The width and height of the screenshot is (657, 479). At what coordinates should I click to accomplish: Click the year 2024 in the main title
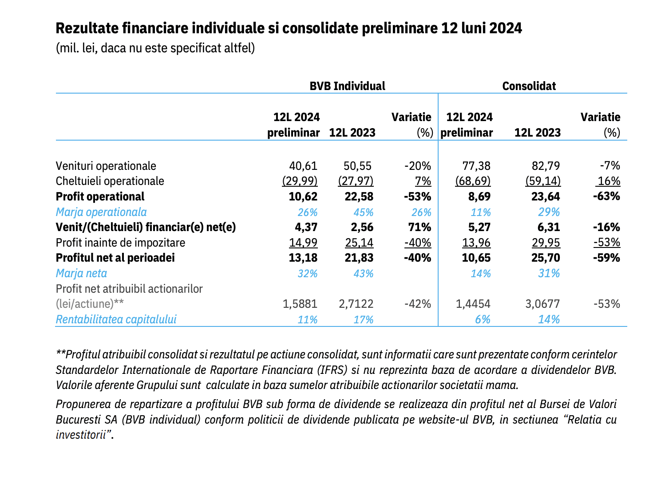pos(505,28)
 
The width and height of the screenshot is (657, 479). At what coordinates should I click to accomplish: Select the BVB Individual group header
pos(347,86)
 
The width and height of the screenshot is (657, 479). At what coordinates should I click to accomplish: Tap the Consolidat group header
pos(529,86)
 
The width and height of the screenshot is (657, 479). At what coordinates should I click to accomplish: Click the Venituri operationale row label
pos(106,166)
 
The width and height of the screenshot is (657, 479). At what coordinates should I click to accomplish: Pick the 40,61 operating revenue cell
pos(303,166)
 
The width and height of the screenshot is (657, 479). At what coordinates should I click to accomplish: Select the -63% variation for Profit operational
pos(606,196)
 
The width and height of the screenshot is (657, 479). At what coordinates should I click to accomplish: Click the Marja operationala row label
pos(101,212)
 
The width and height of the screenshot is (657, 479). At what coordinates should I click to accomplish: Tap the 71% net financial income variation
pos(420,228)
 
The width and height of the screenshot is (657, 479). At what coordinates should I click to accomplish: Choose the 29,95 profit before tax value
pos(546,243)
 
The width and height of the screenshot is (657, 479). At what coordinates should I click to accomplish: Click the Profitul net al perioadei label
pos(115,258)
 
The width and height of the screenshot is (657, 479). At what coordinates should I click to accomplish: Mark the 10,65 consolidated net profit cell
pos(476,258)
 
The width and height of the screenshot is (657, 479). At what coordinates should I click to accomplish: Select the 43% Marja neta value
pos(363,274)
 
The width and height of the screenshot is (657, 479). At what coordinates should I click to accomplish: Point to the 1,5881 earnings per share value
pos(300,304)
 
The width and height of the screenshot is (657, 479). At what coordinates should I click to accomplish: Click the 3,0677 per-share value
pos(542,304)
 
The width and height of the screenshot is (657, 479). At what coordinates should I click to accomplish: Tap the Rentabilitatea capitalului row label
pos(116,320)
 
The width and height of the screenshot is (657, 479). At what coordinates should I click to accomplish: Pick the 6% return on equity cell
pos(483,320)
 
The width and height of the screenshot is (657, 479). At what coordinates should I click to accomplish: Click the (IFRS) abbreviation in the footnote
pos(332,370)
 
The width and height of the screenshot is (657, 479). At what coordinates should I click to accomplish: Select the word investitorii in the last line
pos(81,435)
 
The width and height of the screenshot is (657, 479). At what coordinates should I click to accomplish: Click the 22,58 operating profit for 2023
pos(359,196)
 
